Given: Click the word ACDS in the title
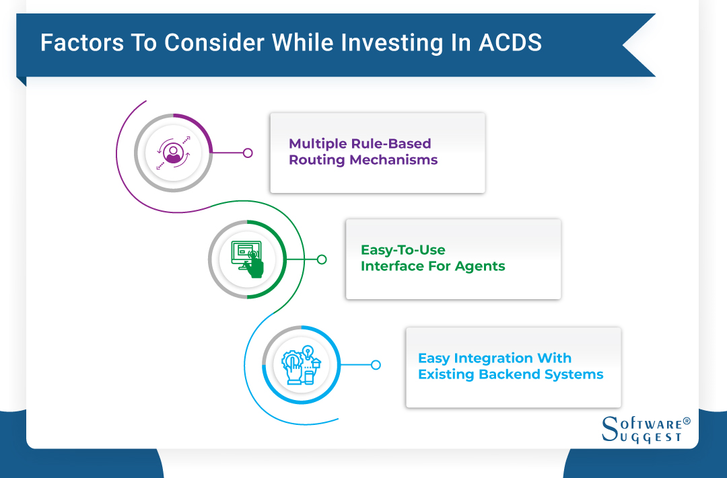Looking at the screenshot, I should click(x=511, y=43).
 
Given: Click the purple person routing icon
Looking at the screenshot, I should click(x=173, y=153).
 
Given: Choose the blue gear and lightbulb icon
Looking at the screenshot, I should click(x=301, y=365).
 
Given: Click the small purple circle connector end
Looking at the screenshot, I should click(x=248, y=153).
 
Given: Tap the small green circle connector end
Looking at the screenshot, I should click(x=322, y=260).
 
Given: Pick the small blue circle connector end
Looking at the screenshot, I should click(x=376, y=365).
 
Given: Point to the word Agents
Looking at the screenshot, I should click(x=480, y=266).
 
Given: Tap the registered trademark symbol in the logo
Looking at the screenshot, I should click(x=687, y=421).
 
